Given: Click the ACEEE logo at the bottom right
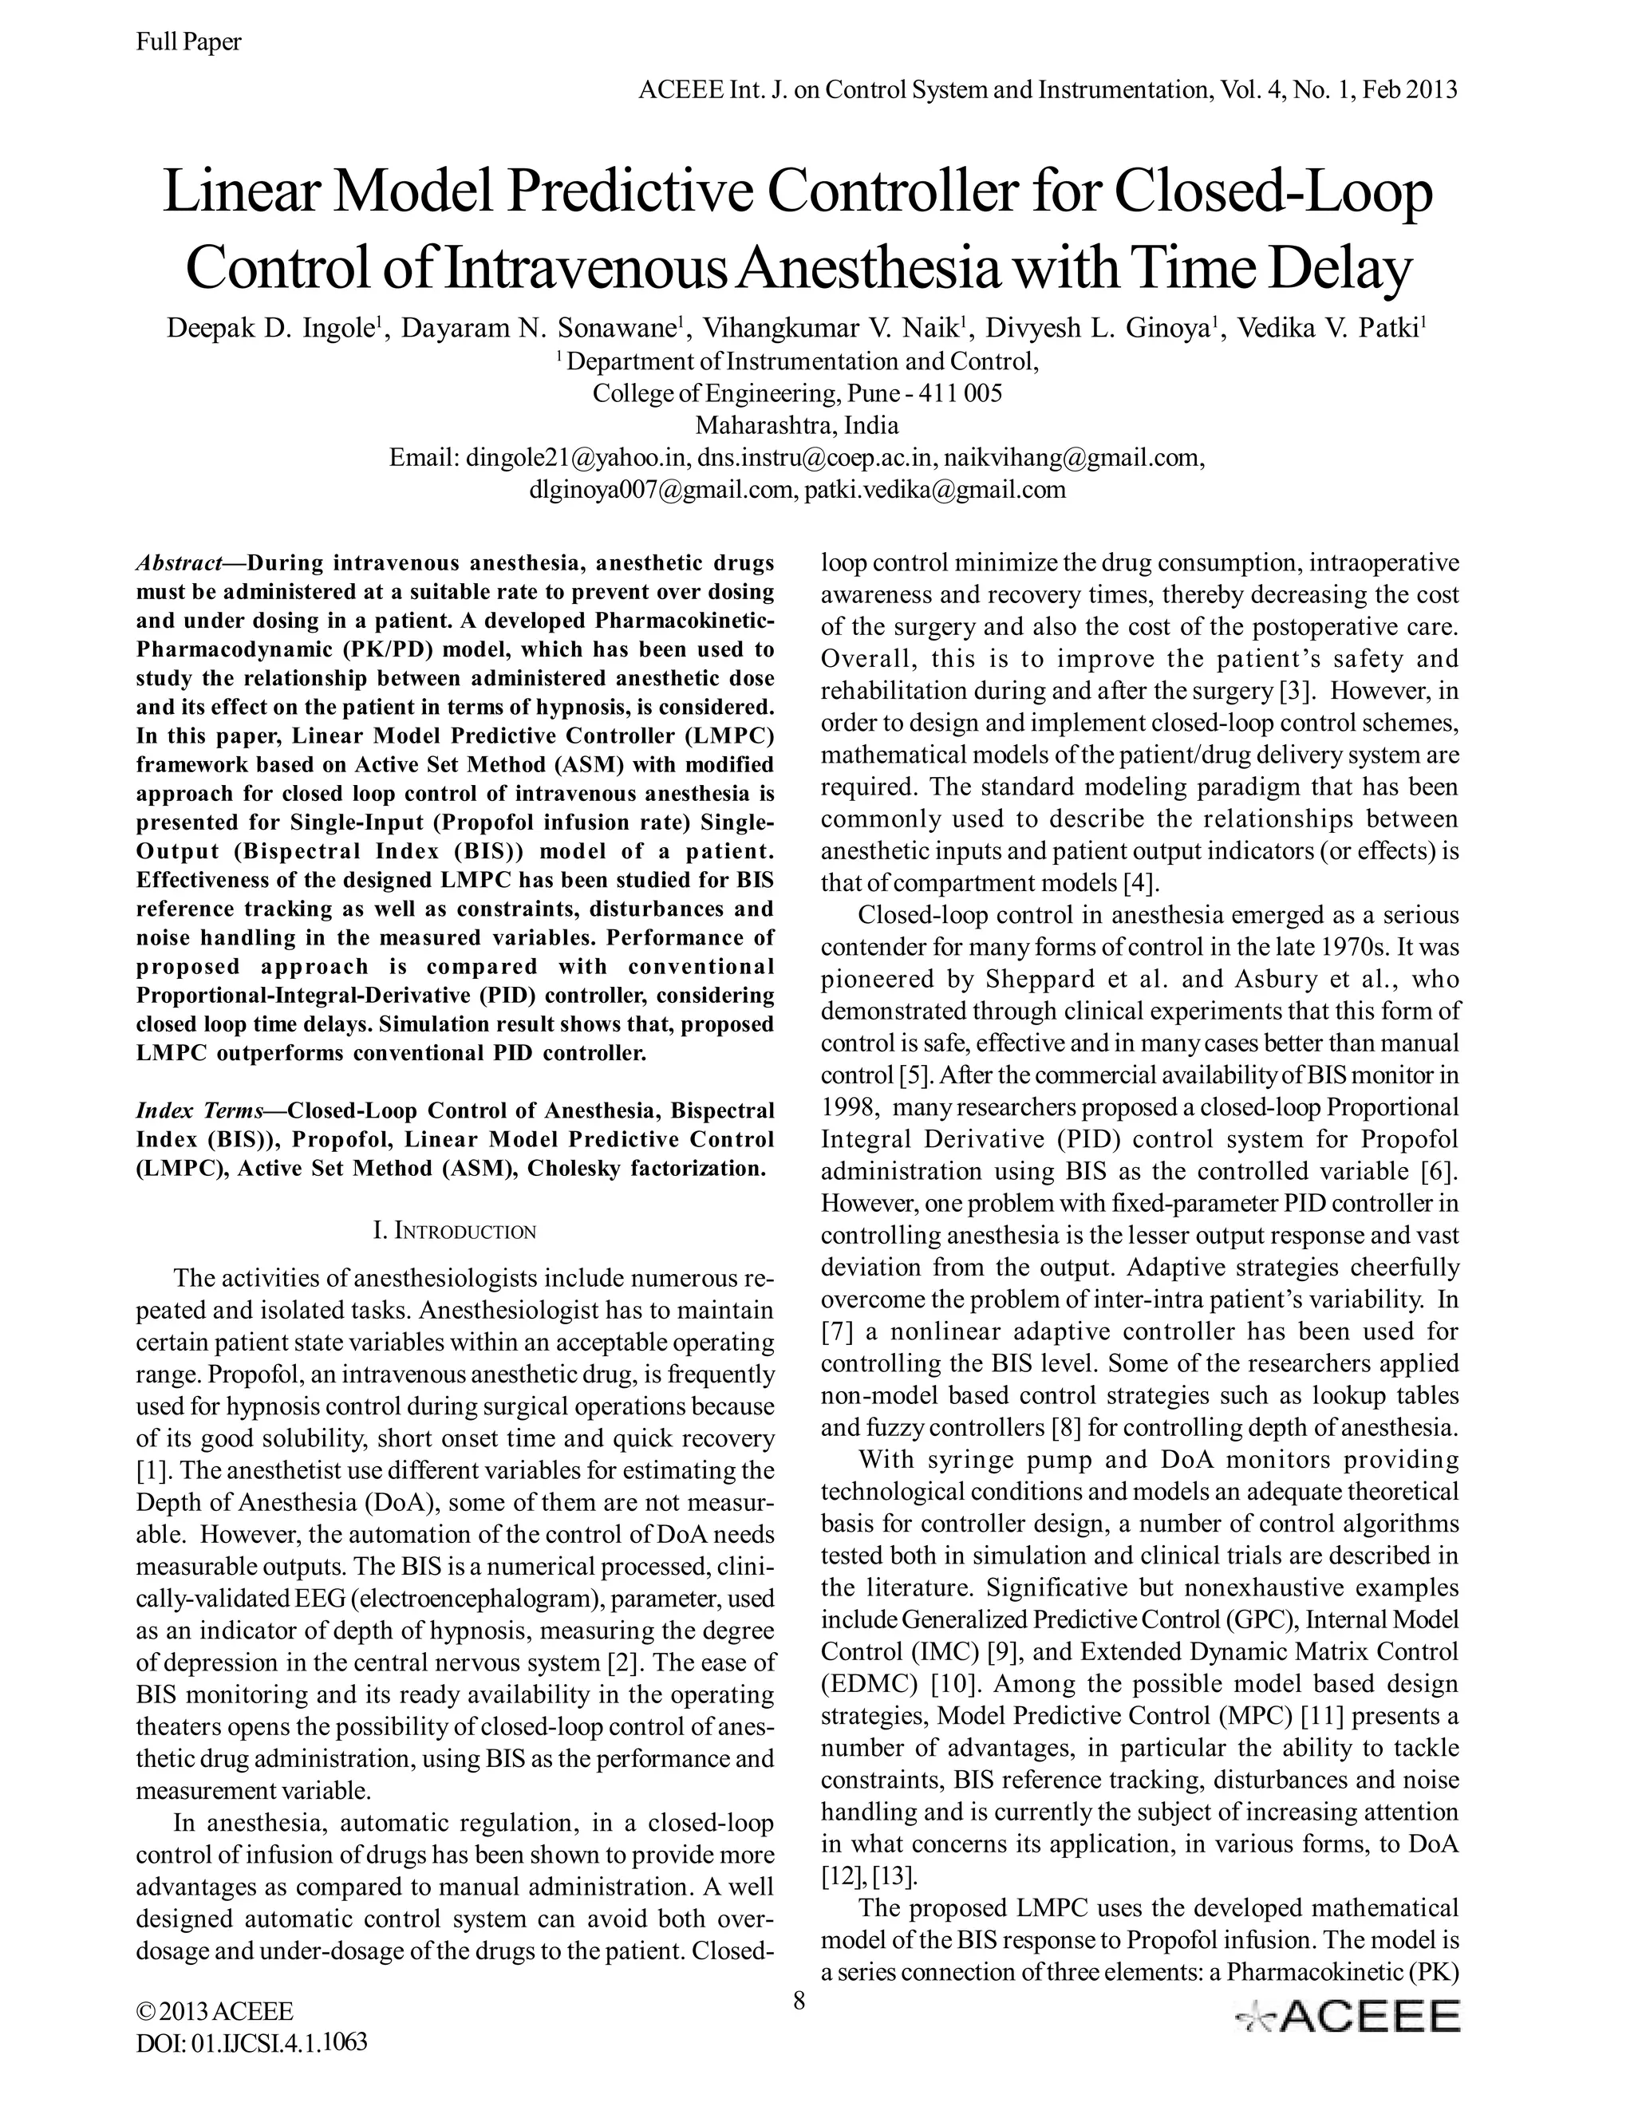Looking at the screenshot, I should (1347, 2015).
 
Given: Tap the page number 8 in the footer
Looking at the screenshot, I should (799, 2001).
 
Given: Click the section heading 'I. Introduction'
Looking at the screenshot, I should (454, 1231).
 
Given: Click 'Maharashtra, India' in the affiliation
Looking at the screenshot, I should (797, 425).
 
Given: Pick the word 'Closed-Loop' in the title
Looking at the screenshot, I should (1272, 191).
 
